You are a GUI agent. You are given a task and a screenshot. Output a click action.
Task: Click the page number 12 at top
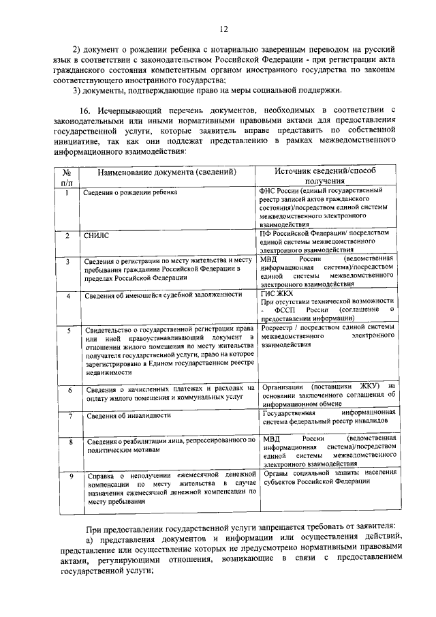[x=223, y=28]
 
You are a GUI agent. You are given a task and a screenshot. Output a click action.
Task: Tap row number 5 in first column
[x=67, y=331]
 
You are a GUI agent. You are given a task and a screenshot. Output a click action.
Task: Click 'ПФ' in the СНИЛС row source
[x=267, y=232]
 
